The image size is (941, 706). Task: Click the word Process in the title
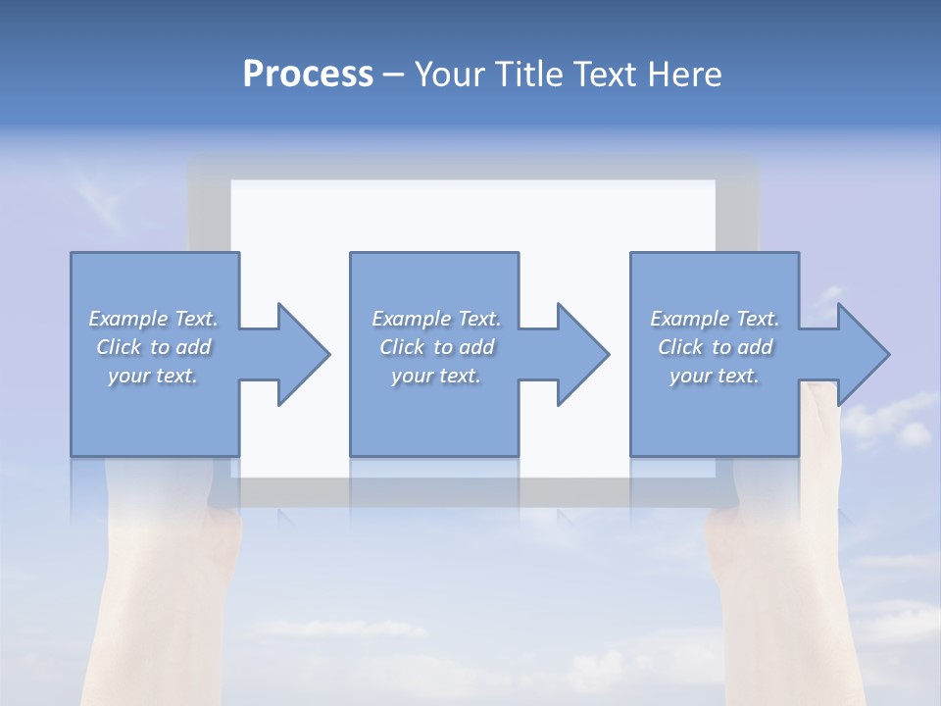click(308, 75)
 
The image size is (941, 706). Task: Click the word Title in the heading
click(528, 75)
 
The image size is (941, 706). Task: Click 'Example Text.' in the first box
click(154, 319)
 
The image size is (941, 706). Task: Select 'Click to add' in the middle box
click(436, 347)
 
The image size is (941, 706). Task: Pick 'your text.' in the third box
click(715, 376)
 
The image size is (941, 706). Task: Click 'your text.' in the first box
click(154, 376)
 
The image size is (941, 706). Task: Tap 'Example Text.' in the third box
click(715, 319)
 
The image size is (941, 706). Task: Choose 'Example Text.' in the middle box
click(436, 319)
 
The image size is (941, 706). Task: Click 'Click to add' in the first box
click(154, 347)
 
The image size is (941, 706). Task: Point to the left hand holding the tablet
click(167, 588)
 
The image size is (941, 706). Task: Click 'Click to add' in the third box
click(715, 347)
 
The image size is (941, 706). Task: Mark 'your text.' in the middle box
click(436, 376)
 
